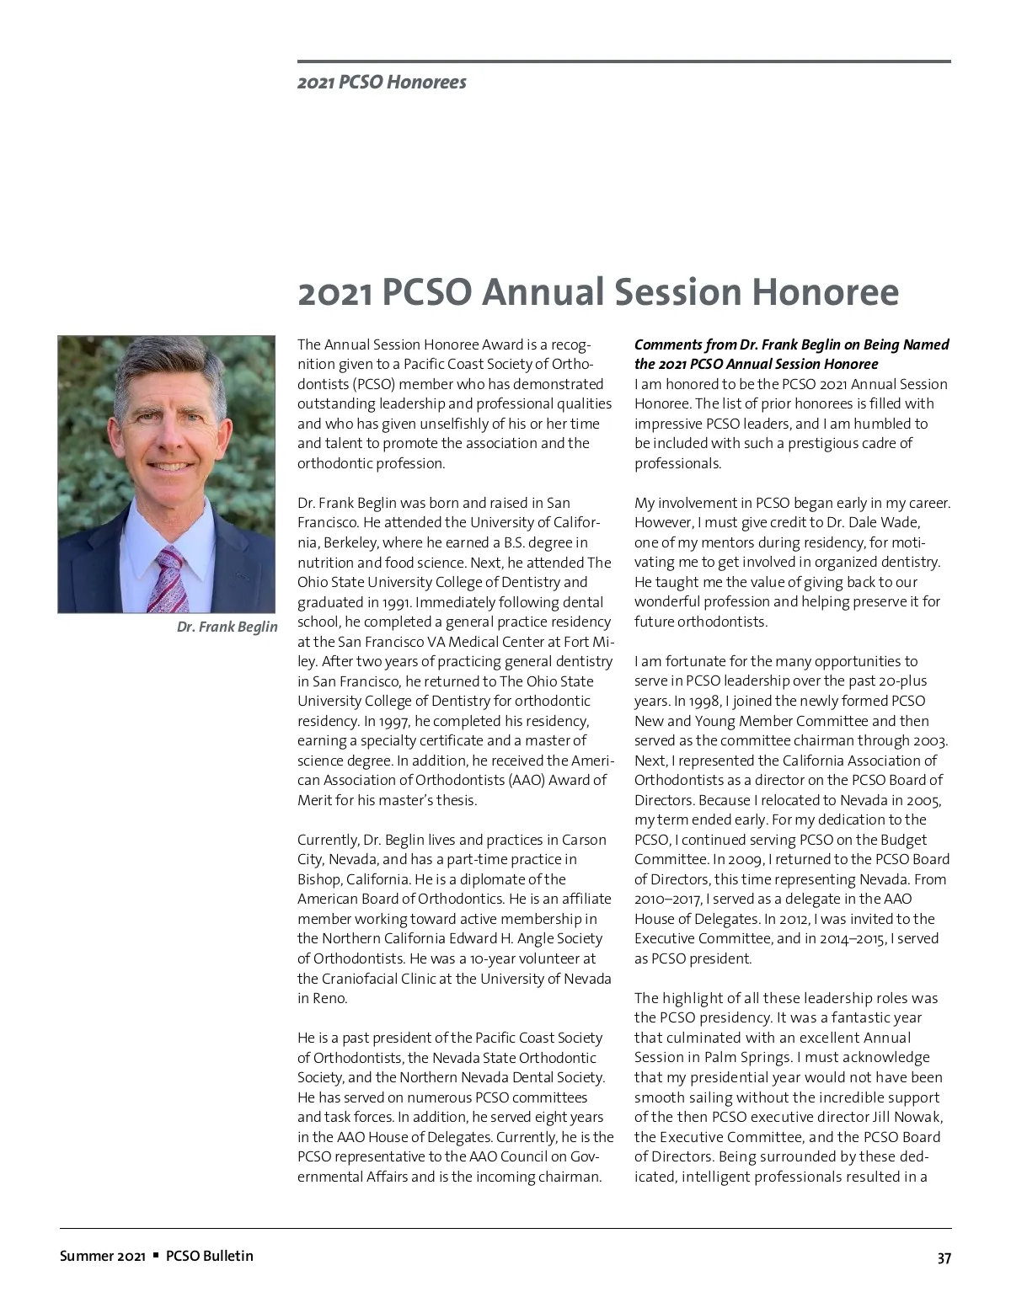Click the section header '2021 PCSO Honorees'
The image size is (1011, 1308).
pos(382,83)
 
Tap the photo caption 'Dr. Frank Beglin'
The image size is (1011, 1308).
pos(227,627)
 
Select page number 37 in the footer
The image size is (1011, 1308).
pos(944,1258)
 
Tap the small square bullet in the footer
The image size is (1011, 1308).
pos(156,1256)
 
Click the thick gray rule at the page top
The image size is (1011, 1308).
pos(623,61)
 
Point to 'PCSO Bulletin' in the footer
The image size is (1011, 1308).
pos(209,1256)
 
